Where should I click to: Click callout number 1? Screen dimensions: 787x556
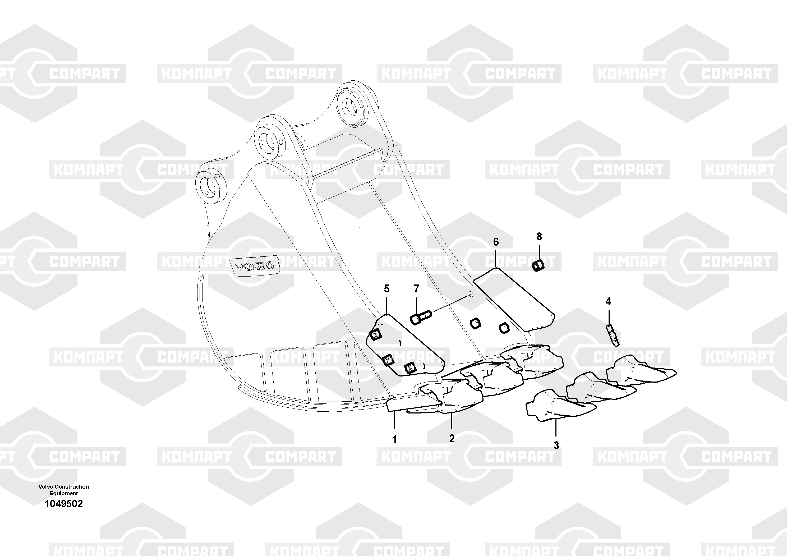(x=394, y=439)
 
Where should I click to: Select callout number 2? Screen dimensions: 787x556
(x=452, y=438)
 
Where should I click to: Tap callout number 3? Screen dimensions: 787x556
(x=556, y=445)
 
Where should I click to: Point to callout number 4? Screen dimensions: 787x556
(x=608, y=302)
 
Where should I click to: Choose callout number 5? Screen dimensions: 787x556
(x=387, y=289)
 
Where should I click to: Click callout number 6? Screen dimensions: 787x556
(x=496, y=242)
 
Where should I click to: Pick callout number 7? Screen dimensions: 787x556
(x=416, y=289)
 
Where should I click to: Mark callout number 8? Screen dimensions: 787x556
(x=539, y=237)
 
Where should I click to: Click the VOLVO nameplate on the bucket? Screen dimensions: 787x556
(x=254, y=265)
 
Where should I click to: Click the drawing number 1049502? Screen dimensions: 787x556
(x=64, y=504)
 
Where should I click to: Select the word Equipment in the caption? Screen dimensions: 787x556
(x=64, y=493)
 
